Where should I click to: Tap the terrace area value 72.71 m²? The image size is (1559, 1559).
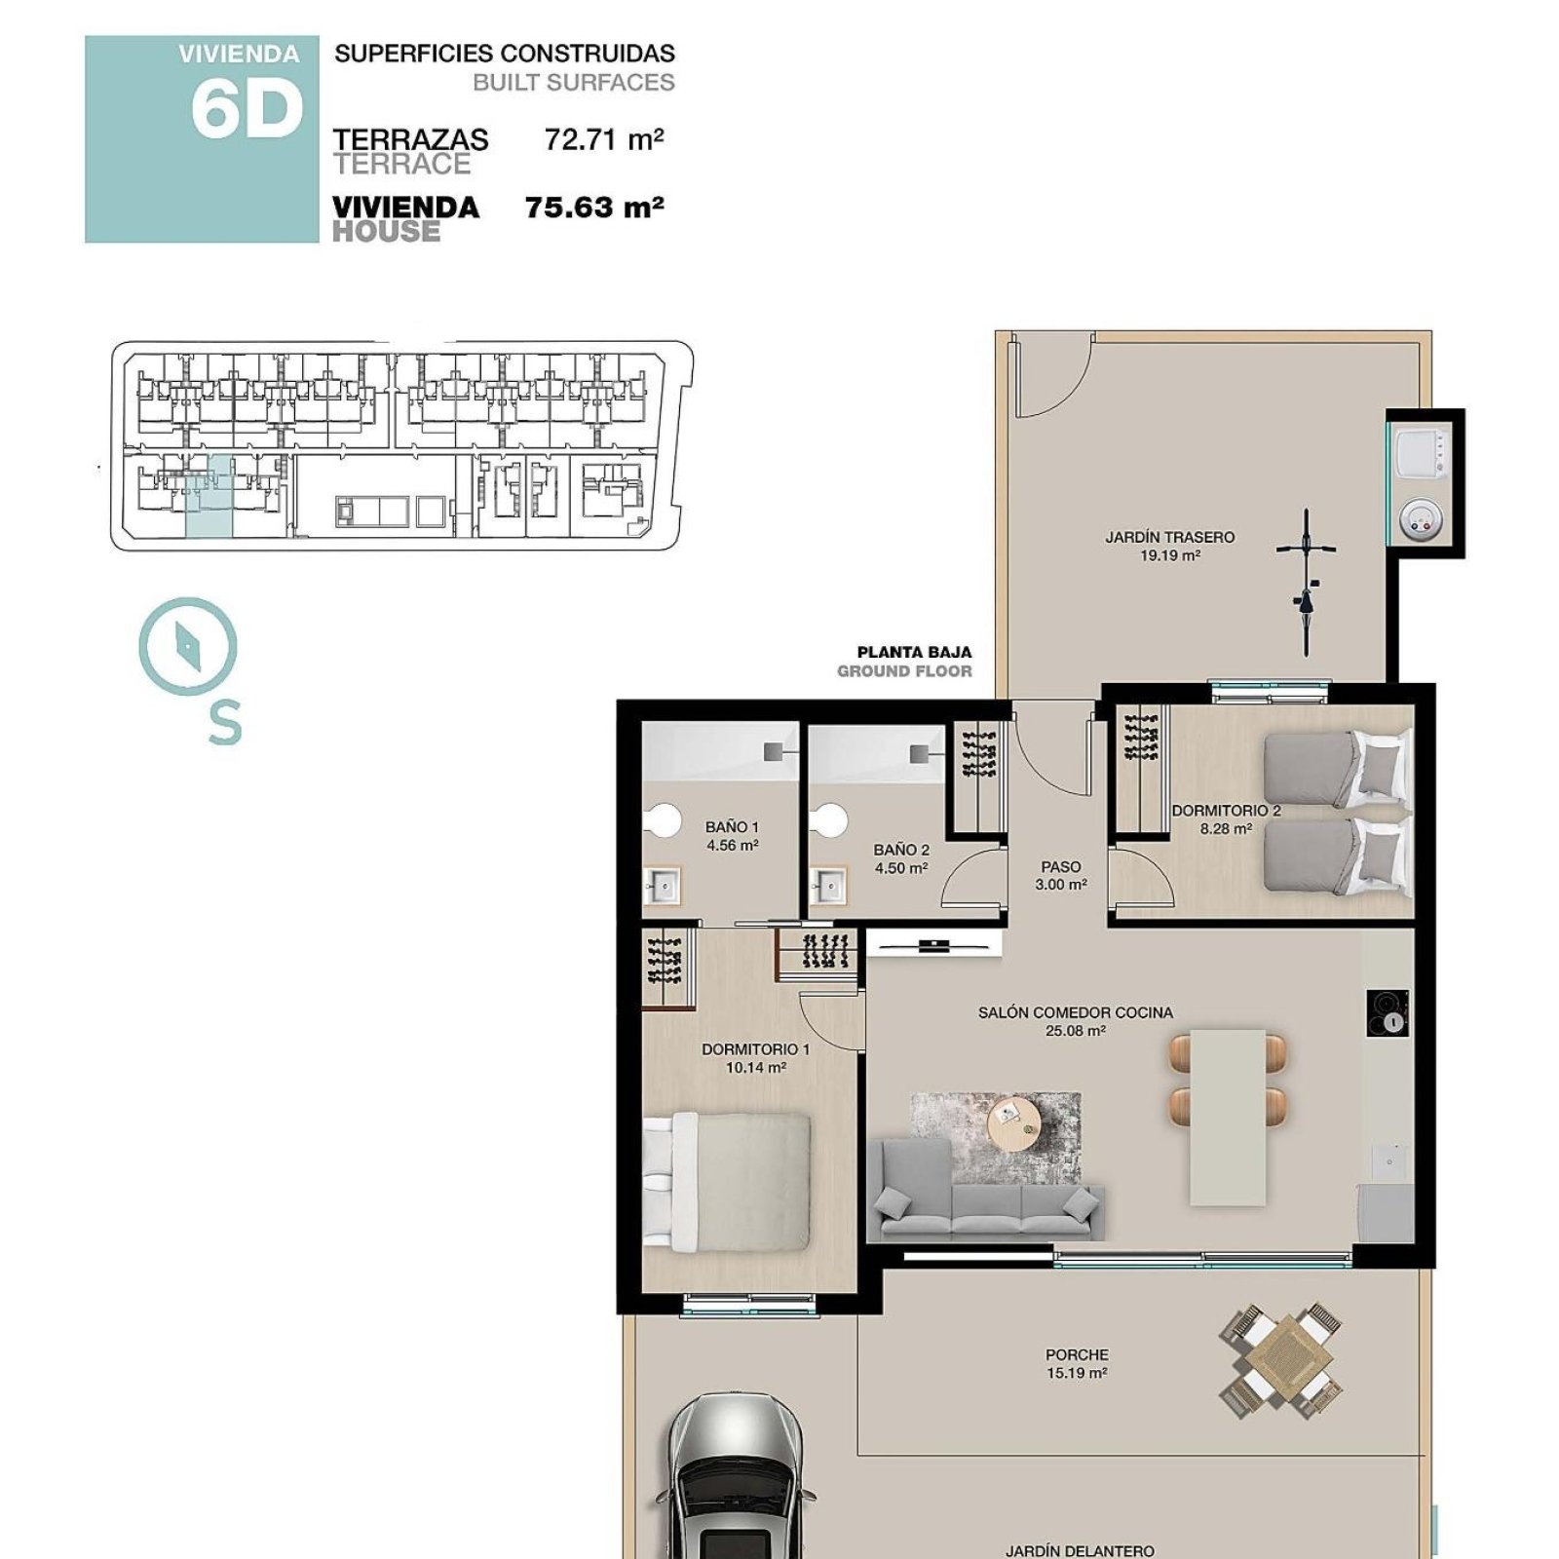pyautogui.click(x=604, y=139)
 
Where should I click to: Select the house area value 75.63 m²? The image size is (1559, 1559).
pyautogui.click(x=594, y=208)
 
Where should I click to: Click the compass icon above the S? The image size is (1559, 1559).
pyautogui.click(x=188, y=646)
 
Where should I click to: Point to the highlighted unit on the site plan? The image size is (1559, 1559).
pyautogui.click(x=209, y=496)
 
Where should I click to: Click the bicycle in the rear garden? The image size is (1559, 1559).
pyautogui.click(x=1305, y=582)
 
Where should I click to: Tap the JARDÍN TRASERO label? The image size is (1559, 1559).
pyautogui.click(x=1169, y=537)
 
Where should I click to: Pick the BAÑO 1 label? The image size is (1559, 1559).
pyautogui.click(x=732, y=827)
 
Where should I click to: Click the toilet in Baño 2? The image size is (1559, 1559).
pyautogui.click(x=830, y=820)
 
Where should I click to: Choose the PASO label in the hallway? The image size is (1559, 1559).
pyautogui.click(x=1061, y=866)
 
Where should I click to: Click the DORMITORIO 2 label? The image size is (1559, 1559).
pyautogui.click(x=1226, y=810)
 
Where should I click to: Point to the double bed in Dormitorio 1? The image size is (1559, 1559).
pyautogui.click(x=727, y=1182)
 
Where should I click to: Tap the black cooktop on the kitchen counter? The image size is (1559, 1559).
pyautogui.click(x=1388, y=1013)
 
